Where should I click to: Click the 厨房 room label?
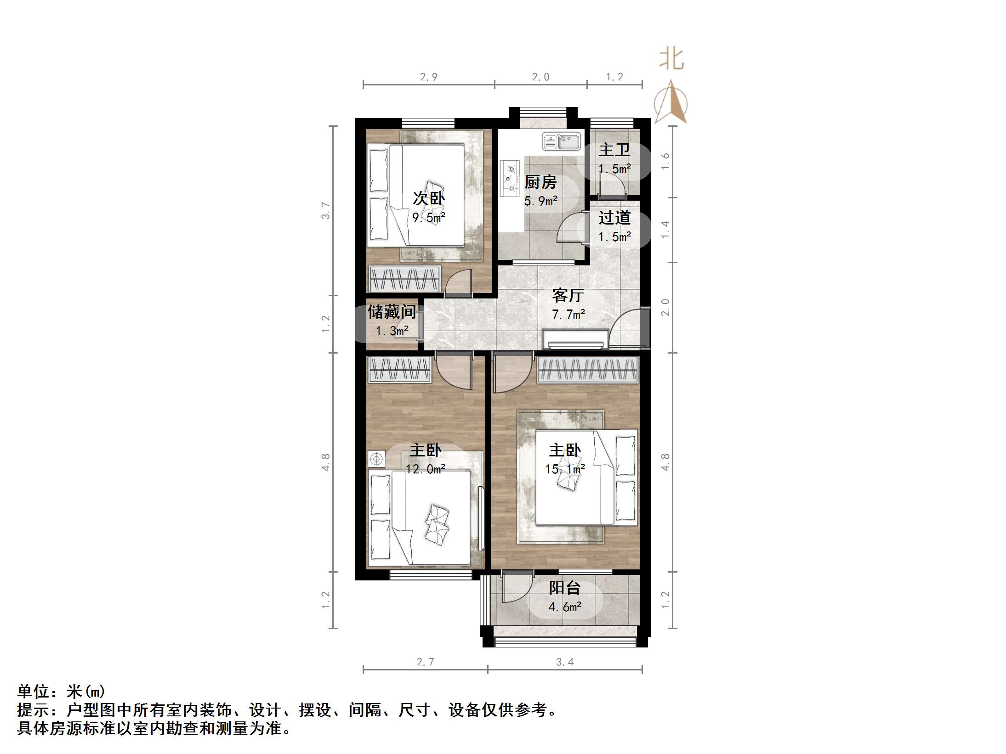point(540,182)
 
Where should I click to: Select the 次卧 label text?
point(429,198)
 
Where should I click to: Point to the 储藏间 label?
point(392,312)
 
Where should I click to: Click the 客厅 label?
point(568,295)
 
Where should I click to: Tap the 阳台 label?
point(565,588)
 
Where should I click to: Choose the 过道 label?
point(614,218)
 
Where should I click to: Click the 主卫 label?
point(614,150)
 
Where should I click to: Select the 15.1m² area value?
point(565,469)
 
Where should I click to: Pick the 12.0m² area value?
point(426,469)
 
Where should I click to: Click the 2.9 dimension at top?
point(429,77)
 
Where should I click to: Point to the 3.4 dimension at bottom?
point(565,662)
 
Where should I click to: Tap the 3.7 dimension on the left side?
point(326,210)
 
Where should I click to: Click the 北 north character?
point(671,60)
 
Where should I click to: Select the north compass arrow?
point(671,103)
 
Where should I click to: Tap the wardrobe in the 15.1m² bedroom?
point(588,370)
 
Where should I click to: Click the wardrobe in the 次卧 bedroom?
point(404,278)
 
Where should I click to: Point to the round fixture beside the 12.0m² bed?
point(376,459)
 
